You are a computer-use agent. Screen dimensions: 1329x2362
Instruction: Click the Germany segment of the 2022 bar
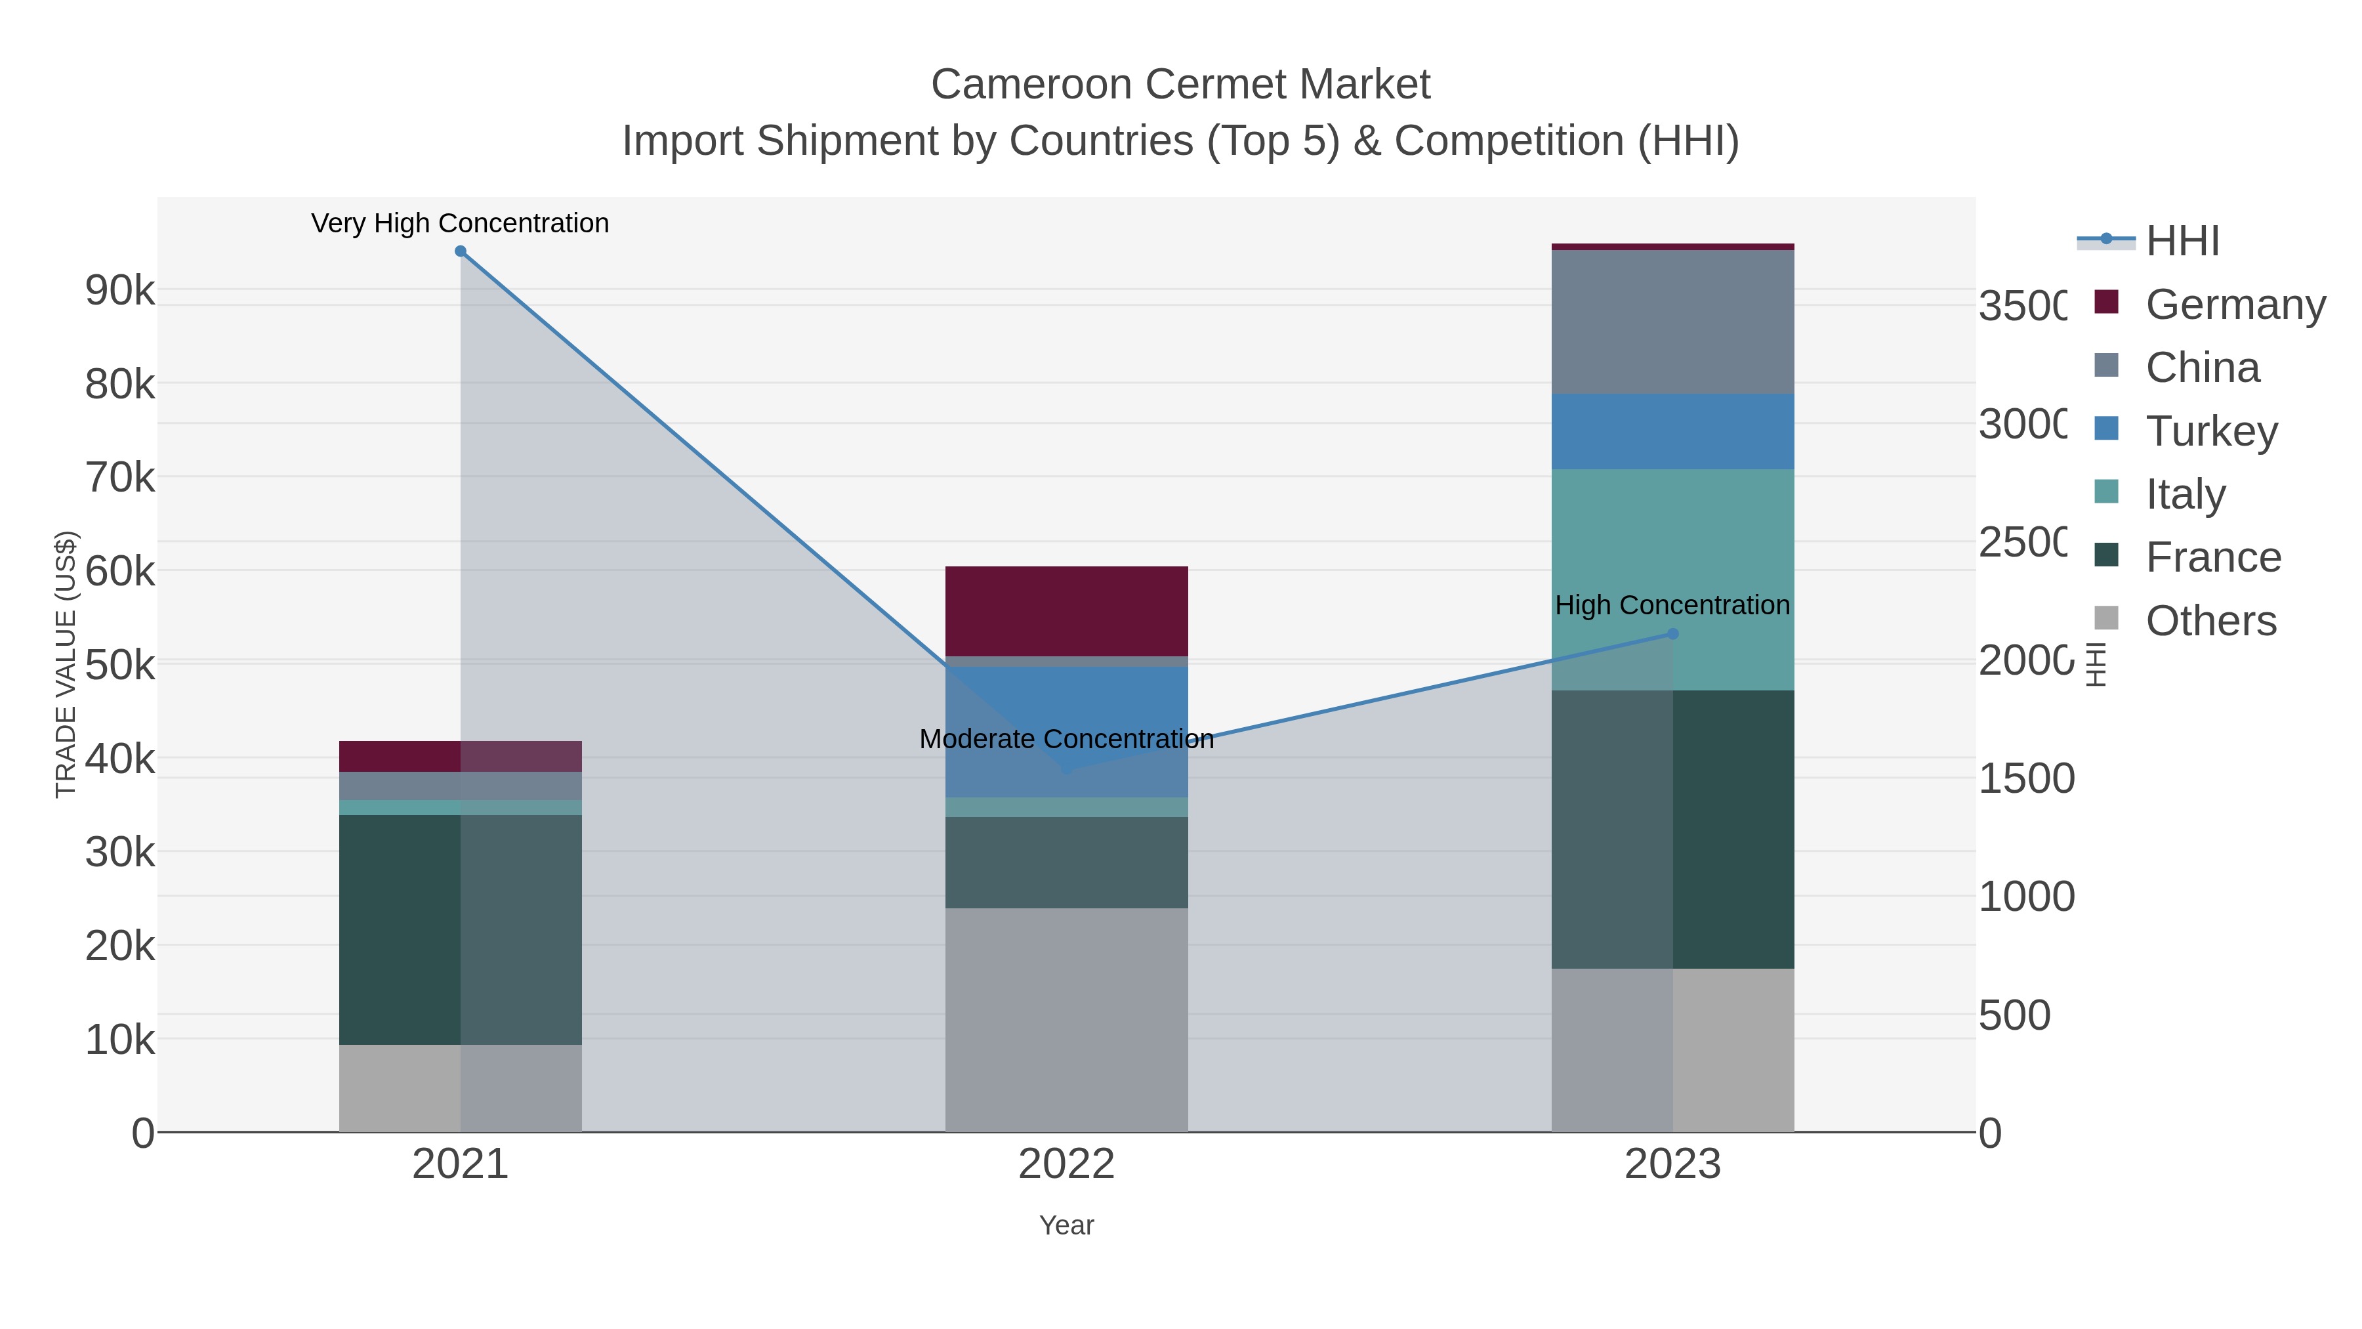[1066, 611]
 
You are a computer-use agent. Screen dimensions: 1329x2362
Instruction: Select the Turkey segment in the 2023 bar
[1672, 431]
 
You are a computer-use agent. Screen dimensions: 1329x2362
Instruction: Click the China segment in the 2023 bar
[1672, 321]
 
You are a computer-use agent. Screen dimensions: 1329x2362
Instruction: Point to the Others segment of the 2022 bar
[1066, 1020]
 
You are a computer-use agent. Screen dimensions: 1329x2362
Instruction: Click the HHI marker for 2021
[461, 251]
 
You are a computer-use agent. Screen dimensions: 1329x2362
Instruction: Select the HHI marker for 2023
[1672, 634]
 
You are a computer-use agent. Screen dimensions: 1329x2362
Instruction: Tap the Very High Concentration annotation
[461, 223]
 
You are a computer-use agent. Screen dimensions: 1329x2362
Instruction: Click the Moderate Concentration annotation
[1066, 738]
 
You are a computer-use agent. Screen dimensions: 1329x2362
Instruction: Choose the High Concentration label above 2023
[1672, 605]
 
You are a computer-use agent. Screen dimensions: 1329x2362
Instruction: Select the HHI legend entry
[2182, 240]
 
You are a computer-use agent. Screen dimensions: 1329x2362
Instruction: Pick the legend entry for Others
[2210, 620]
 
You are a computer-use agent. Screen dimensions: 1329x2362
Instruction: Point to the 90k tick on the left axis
[120, 291]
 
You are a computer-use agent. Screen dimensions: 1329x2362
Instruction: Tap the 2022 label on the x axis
[1066, 1164]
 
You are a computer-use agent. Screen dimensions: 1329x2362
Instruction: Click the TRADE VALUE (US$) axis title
[66, 664]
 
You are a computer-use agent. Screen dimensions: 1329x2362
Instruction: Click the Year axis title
[1066, 1225]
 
